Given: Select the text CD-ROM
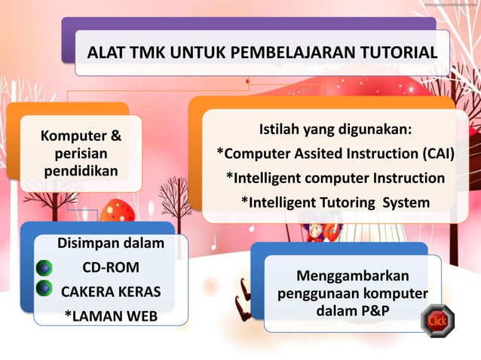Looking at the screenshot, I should point(110,267).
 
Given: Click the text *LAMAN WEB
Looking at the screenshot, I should point(110,316).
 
